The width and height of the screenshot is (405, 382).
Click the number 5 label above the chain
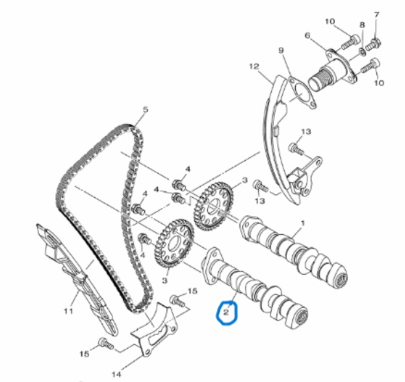click(x=145, y=109)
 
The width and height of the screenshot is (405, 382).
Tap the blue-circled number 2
click(x=227, y=313)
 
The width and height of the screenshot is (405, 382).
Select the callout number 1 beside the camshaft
click(x=302, y=223)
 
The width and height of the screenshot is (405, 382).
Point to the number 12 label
click(x=254, y=67)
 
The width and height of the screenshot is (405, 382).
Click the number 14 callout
click(x=117, y=375)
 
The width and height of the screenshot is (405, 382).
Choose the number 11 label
click(x=68, y=311)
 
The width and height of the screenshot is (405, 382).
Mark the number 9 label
click(x=281, y=50)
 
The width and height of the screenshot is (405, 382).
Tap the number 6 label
click(x=307, y=36)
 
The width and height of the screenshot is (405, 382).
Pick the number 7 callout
click(x=376, y=15)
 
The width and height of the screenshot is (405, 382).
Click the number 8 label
click(x=362, y=25)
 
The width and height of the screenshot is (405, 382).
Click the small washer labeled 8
click(x=363, y=51)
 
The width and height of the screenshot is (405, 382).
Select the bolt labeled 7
click(x=373, y=43)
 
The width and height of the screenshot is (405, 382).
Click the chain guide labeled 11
click(x=77, y=277)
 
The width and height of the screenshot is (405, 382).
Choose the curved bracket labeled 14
click(x=154, y=331)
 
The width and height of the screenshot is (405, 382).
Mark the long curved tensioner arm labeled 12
click(x=279, y=139)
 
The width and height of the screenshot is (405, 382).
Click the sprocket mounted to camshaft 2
click(x=175, y=243)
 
